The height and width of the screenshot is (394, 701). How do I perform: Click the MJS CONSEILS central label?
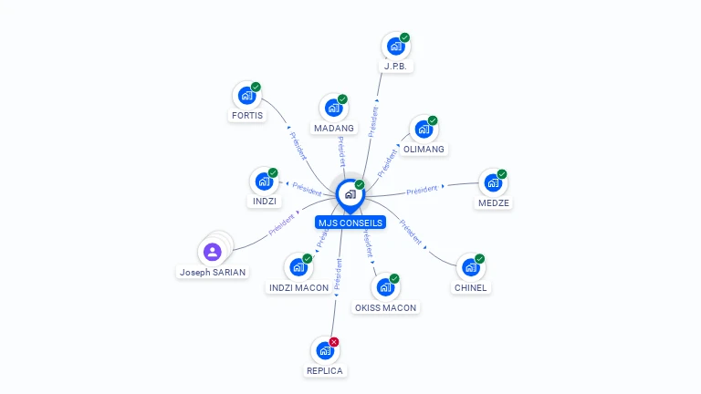(350, 223)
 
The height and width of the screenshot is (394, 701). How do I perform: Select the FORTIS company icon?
(246, 95)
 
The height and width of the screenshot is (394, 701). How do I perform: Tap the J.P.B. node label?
(396, 67)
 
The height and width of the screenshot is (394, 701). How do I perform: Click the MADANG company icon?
(333, 108)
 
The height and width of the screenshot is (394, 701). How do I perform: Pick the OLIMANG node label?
(424, 150)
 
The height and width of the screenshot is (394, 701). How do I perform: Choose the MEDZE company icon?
(493, 182)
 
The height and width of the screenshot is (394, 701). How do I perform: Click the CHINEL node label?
(471, 288)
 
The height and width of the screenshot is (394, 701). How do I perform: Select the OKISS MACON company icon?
(385, 287)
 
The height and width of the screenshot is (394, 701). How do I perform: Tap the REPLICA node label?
(325, 371)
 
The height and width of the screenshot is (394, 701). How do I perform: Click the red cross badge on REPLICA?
(334, 342)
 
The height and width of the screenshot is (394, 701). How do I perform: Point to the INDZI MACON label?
(298, 288)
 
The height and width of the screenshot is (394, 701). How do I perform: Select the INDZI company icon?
(263, 181)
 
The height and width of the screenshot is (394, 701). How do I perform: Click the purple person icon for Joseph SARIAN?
(213, 251)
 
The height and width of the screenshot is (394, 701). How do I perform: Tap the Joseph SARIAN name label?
(213, 273)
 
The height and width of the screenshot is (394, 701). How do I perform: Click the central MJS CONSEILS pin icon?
(350, 193)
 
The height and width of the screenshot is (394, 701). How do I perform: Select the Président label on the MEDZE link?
(423, 191)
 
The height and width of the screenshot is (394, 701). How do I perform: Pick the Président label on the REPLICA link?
(337, 274)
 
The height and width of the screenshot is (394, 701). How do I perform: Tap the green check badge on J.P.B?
(404, 37)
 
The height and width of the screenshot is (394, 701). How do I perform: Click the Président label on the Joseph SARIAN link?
(282, 224)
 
